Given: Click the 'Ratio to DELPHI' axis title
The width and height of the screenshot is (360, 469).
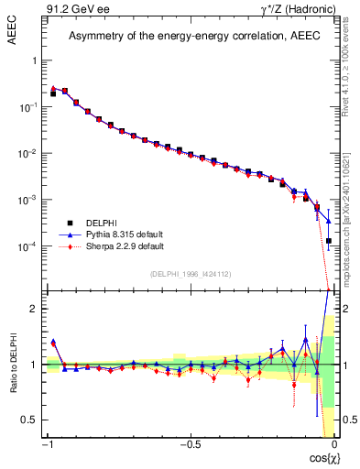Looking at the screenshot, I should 14,392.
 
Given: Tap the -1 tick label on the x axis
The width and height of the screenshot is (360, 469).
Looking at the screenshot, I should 47,444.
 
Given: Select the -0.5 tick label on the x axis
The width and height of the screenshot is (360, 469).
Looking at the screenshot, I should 190,444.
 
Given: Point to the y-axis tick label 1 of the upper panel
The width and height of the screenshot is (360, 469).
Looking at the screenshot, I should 35,60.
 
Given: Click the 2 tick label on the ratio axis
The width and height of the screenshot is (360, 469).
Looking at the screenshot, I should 35,310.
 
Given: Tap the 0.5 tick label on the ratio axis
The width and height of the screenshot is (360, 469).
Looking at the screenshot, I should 31,420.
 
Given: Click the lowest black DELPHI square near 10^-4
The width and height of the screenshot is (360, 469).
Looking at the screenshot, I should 328,241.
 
